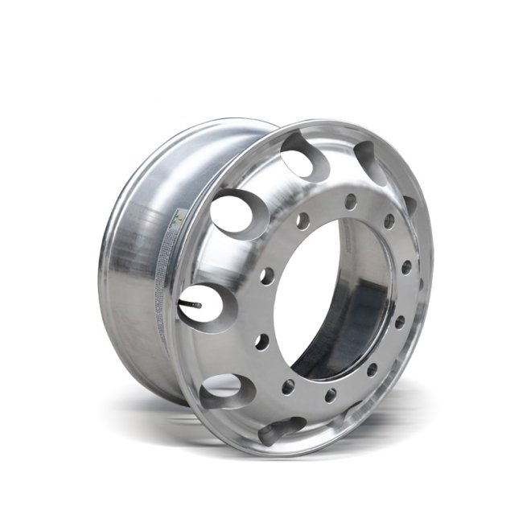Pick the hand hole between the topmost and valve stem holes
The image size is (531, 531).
click(x=235, y=211)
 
